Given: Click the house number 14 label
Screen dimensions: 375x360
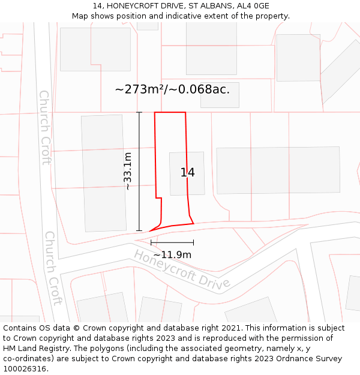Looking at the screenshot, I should point(187,173).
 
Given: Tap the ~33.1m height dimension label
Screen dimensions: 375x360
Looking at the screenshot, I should point(127,171).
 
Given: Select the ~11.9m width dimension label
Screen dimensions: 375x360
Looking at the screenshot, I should point(172,255).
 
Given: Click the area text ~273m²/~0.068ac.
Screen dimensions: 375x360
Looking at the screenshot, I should point(172,89).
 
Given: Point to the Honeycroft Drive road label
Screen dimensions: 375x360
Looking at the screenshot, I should point(182,269).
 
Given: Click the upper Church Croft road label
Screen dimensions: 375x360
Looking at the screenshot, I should point(45,127).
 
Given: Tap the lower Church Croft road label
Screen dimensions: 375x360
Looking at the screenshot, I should point(53,268).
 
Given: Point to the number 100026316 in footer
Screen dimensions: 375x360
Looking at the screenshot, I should point(24,369).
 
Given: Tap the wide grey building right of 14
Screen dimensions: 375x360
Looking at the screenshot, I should point(278,170).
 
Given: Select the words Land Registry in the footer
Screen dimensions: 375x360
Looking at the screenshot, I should point(39,349).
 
